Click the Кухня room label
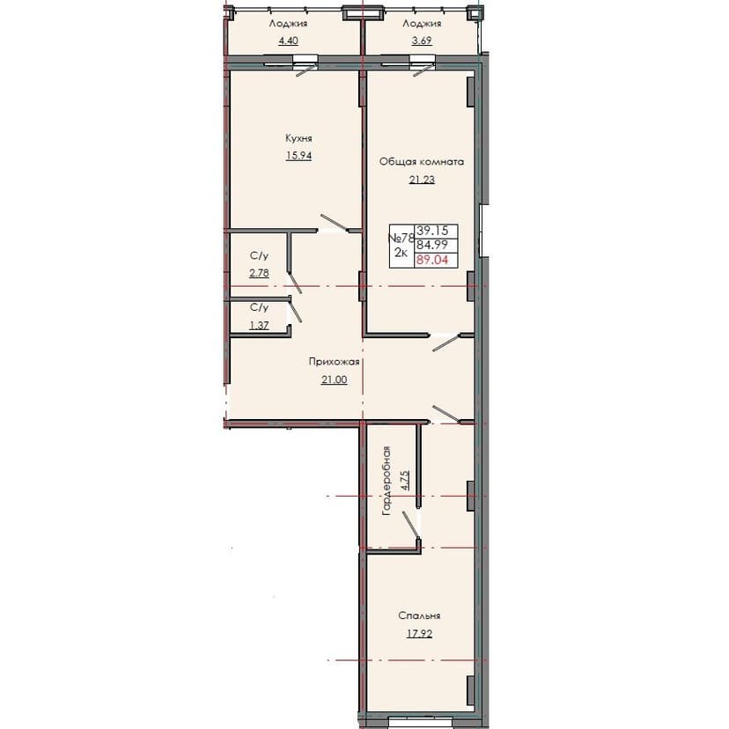(x=299, y=138)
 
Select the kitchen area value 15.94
(x=298, y=156)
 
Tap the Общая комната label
(x=421, y=162)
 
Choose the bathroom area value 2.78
(x=259, y=273)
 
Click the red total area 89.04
(x=431, y=261)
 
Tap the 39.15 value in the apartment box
(x=431, y=230)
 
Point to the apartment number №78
(x=401, y=238)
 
